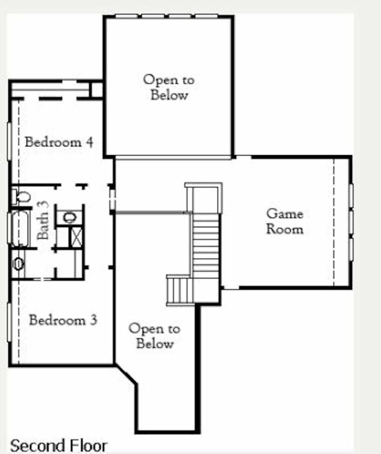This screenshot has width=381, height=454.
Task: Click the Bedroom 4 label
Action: point(59,142)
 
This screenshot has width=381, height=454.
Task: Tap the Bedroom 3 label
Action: point(63,320)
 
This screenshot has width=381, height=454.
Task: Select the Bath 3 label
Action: point(43,220)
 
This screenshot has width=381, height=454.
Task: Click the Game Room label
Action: point(285,222)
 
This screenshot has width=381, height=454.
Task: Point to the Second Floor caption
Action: point(59,445)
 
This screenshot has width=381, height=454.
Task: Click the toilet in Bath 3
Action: point(21,196)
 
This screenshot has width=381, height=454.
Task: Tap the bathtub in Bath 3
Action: point(20,229)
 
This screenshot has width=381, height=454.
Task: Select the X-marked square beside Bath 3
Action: point(77,237)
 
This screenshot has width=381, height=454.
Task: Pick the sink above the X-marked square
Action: point(70,217)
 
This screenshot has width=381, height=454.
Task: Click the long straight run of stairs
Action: point(206,246)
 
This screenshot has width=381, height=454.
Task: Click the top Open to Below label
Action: point(169,87)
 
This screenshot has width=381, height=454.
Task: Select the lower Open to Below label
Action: point(155,336)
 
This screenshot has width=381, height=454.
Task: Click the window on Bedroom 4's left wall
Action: point(9,141)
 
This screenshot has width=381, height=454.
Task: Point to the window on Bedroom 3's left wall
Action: point(9,322)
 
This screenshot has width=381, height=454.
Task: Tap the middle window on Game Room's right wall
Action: point(351,223)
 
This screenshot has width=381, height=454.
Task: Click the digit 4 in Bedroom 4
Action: point(89,142)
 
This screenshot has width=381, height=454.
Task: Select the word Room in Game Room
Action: point(285,229)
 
